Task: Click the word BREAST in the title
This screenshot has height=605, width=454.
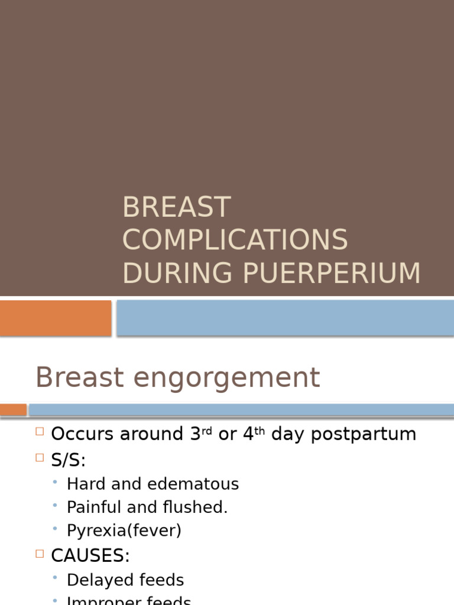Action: point(176,207)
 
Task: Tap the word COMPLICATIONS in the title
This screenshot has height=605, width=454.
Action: point(235,240)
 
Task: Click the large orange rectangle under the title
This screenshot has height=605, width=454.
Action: point(56,318)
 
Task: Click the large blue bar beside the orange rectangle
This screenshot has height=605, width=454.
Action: point(285,318)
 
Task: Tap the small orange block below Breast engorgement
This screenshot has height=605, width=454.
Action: point(13,409)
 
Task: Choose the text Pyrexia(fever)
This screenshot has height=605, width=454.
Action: point(124,531)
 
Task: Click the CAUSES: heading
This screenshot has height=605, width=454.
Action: point(90,555)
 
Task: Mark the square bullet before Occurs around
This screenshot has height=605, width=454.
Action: point(40,432)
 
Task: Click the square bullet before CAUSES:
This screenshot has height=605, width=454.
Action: point(40,554)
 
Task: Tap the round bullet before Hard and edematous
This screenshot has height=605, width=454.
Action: point(55,483)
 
